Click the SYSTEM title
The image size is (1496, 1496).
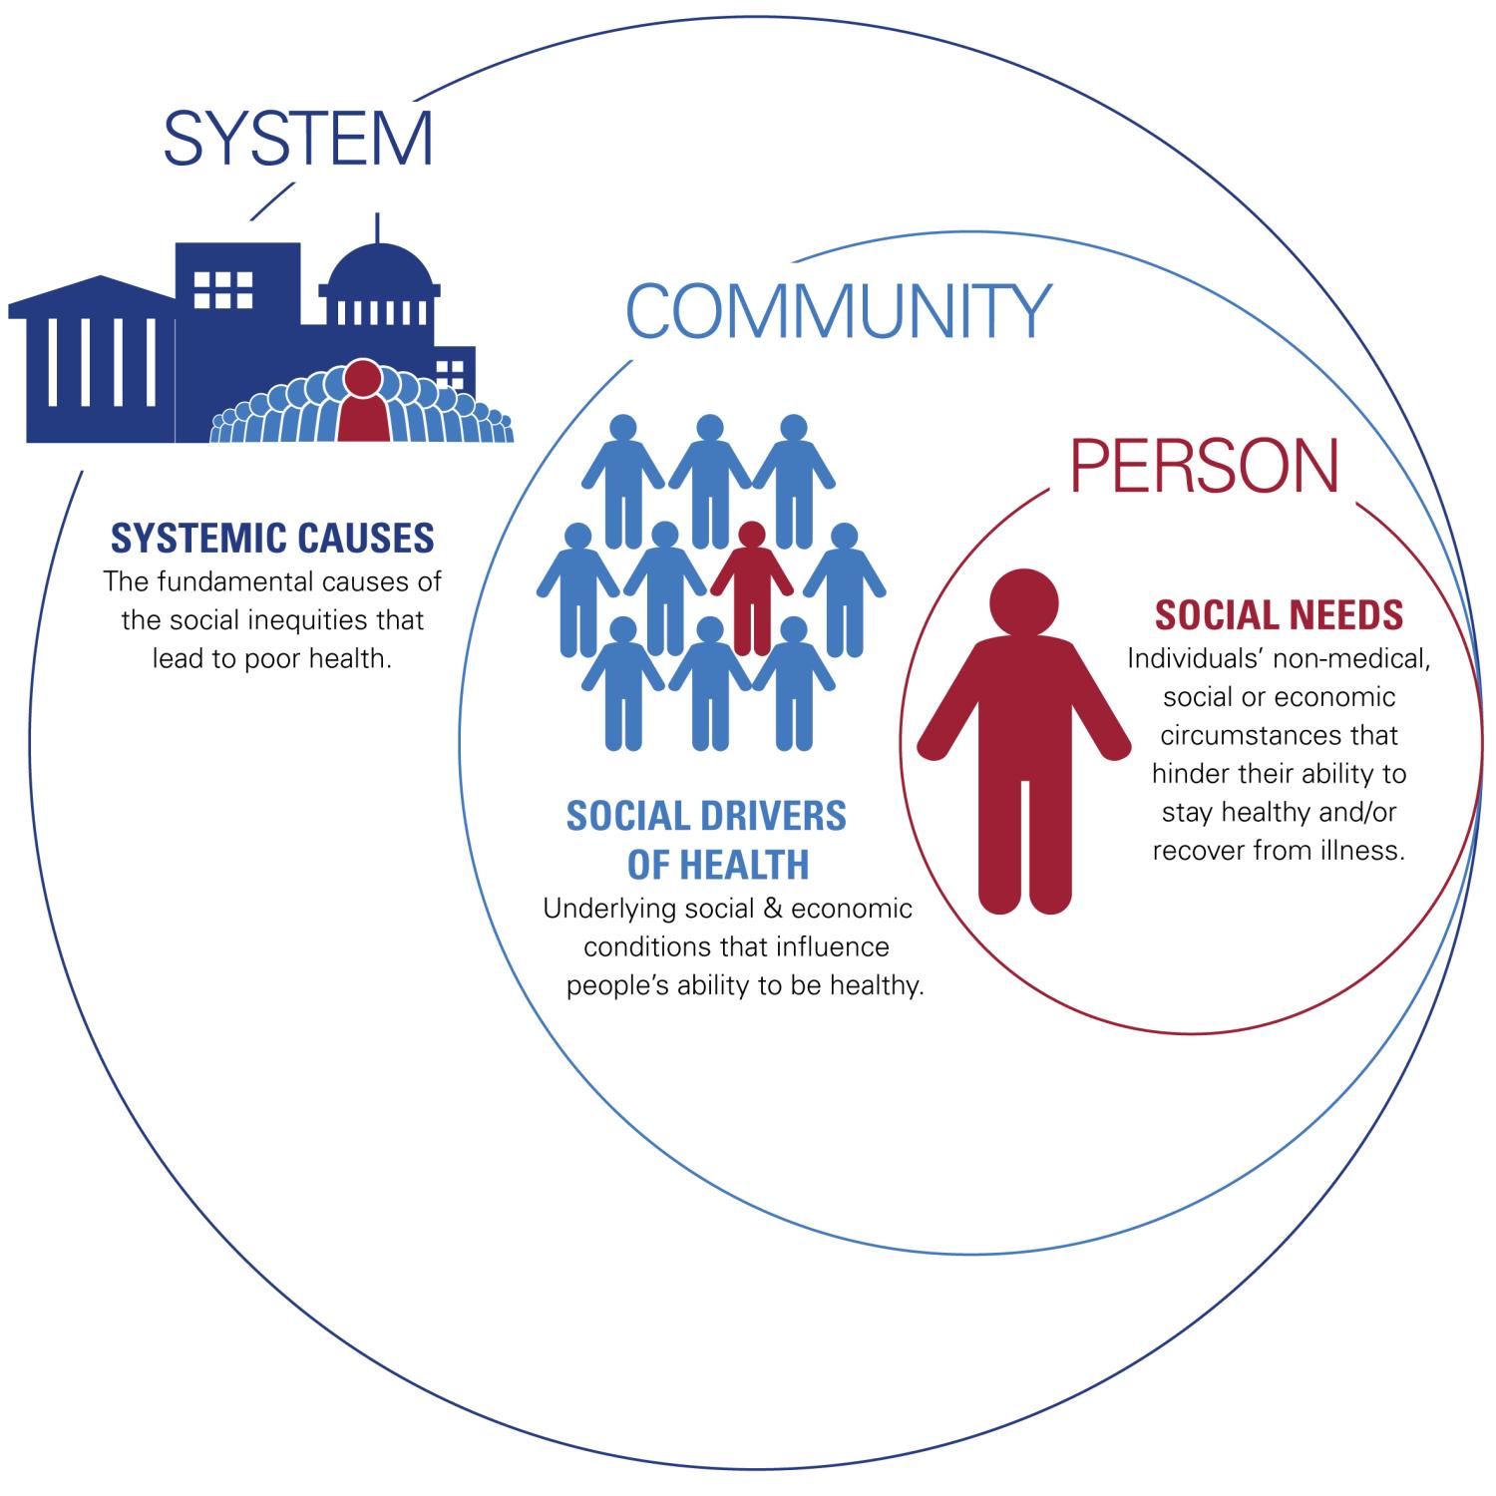tap(298, 139)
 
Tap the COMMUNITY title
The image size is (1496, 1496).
tap(838, 311)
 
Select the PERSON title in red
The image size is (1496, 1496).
tap(1204, 465)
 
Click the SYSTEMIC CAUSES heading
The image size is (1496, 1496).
tap(272, 538)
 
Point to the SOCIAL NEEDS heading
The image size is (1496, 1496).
tap(1279, 614)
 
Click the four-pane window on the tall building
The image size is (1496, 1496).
tap(222, 289)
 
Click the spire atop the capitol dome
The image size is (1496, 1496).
tap(377, 227)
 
